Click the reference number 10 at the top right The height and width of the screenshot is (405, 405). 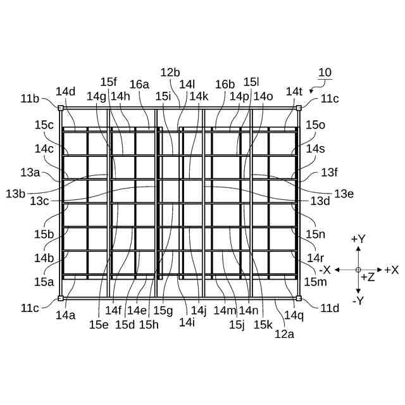pos(325,73)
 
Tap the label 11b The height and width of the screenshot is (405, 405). pos(30,98)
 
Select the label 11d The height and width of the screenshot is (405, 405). pos(330,308)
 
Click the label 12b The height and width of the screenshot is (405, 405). pos(170,72)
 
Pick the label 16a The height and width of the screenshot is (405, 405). pos(139,84)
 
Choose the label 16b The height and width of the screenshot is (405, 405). pos(225,84)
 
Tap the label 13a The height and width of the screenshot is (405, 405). pos(30,172)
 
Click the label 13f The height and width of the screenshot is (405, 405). pos(330,171)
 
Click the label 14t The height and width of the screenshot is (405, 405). pos(294,91)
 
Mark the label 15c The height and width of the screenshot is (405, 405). pos(44,125)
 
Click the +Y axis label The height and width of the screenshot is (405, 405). pos(358,239)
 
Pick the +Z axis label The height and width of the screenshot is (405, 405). pos(368,277)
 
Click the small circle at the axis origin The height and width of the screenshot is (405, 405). pos(358,270)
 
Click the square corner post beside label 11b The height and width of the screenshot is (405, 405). pos(61,108)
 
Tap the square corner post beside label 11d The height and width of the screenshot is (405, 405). pos(299,298)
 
